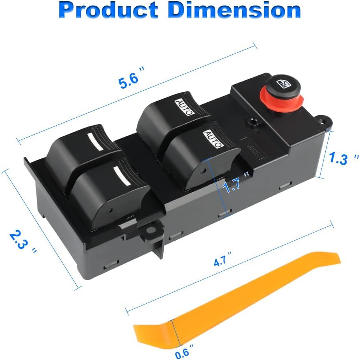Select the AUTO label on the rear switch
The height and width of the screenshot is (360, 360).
click(184, 107)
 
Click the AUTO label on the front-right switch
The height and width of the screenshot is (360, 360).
click(213, 140)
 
